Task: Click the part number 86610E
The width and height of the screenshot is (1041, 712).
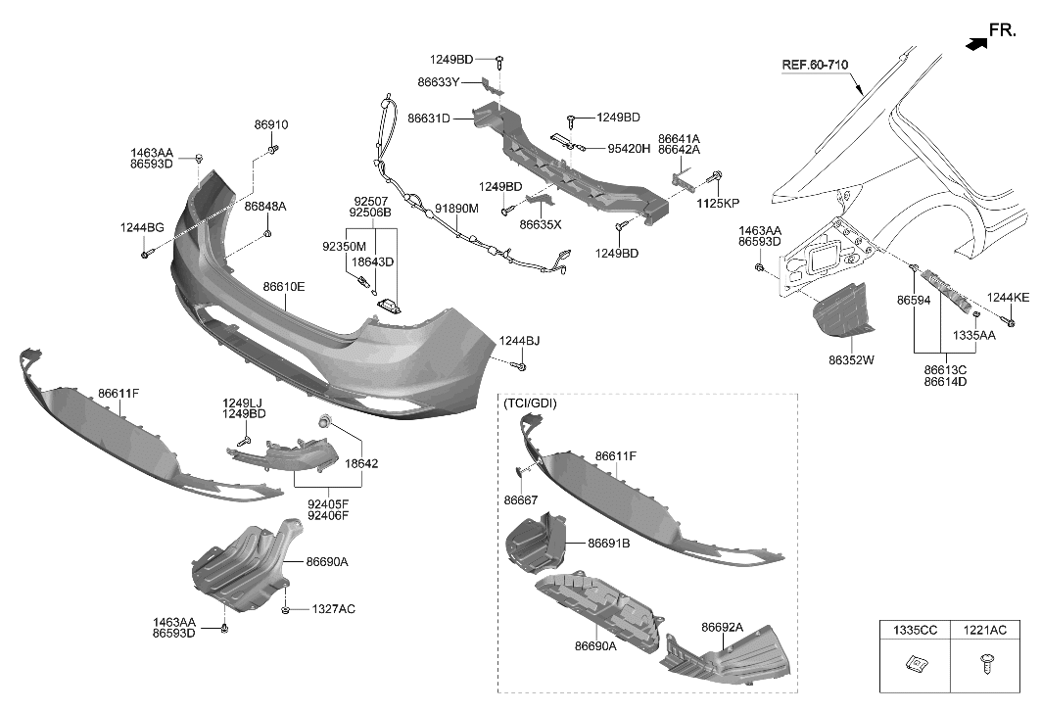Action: [284, 287]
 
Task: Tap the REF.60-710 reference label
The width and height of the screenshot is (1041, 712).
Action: [814, 66]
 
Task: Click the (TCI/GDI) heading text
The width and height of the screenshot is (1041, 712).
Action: [530, 403]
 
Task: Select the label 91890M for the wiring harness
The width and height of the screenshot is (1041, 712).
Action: [456, 209]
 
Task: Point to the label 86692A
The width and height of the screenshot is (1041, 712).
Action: [722, 628]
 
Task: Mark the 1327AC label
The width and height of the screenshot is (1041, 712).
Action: [333, 609]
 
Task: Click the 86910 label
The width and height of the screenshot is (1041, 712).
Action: [271, 125]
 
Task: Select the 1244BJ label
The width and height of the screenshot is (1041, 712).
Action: [519, 341]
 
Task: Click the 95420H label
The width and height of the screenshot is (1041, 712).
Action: [629, 149]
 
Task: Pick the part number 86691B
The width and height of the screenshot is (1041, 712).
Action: [609, 543]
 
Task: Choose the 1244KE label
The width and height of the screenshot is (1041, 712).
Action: [1008, 297]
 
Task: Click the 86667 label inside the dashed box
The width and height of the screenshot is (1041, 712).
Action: [521, 499]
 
